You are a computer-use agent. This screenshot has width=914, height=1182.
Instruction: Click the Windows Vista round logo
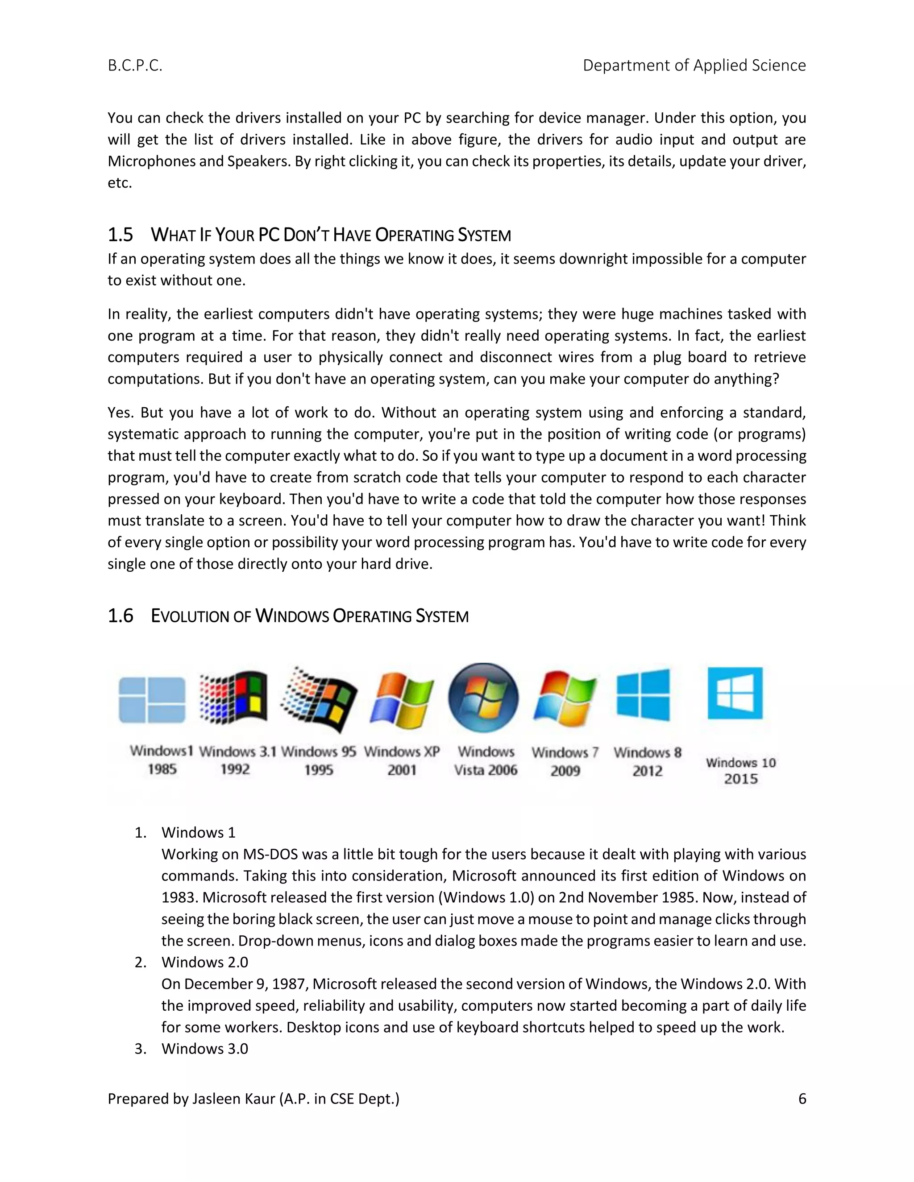[x=483, y=698]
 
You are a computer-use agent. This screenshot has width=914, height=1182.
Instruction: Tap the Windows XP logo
[x=401, y=700]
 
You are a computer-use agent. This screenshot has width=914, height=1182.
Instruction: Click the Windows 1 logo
[x=152, y=700]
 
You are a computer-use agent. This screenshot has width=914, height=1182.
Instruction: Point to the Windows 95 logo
[x=319, y=700]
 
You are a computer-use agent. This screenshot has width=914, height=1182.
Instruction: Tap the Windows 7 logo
[x=565, y=698]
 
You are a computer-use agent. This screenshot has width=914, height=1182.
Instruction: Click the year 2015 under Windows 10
[x=741, y=779]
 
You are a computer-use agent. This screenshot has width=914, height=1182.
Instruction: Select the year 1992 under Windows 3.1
[x=235, y=769]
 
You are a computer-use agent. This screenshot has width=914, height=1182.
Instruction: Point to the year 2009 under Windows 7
[x=565, y=771]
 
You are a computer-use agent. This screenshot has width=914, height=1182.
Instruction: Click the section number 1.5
[x=120, y=235]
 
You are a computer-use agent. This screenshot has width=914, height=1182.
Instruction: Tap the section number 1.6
[x=120, y=616]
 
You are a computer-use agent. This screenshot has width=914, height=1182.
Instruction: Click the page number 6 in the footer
[x=802, y=1099]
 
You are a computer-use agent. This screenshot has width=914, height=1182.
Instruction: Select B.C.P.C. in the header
[x=135, y=66]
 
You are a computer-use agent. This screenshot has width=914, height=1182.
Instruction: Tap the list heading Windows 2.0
[x=205, y=962]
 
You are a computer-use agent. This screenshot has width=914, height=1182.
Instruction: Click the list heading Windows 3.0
[x=205, y=1049]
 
